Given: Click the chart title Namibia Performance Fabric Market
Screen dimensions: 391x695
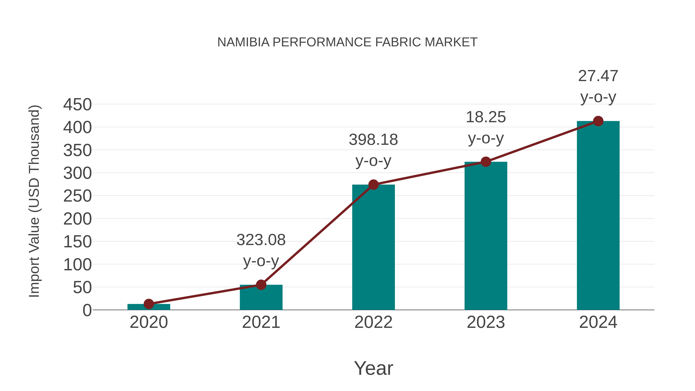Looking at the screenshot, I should [x=347, y=42].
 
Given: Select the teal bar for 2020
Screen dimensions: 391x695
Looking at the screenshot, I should [x=149, y=307].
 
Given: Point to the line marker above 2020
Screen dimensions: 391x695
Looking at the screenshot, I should [x=149, y=304].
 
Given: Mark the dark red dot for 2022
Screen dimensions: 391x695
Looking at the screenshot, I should [x=373, y=185].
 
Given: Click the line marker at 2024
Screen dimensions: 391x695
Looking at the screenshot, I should [x=598, y=121].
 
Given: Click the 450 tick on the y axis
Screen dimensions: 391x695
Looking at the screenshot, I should [x=77, y=105].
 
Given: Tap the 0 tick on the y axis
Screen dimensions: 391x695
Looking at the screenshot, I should [x=87, y=310].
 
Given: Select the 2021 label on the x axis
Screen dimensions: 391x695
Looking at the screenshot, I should [x=261, y=322].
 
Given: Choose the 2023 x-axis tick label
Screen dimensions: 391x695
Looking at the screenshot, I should [x=486, y=322].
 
